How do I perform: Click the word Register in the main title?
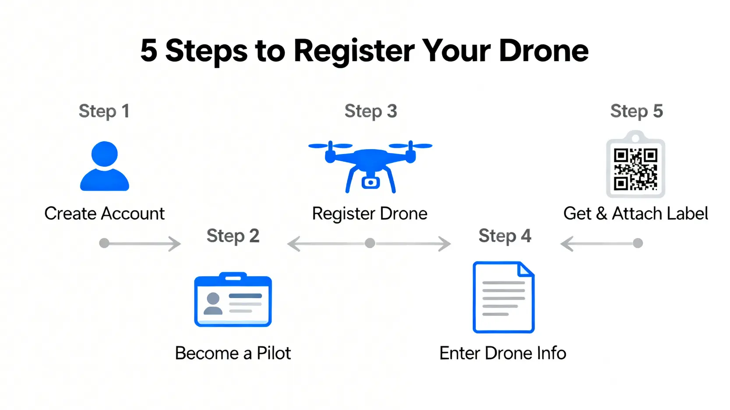[x=354, y=51]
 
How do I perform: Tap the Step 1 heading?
[x=104, y=111]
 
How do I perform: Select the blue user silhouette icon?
[x=105, y=166]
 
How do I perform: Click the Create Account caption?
[x=104, y=214]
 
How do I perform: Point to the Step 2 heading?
[x=233, y=235]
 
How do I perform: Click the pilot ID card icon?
[x=233, y=299]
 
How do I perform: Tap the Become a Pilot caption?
[x=233, y=353]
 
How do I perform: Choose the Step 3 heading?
[x=371, y=111]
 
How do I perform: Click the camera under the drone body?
[x=371, y=182]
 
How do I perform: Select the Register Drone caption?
[x=370, y=214]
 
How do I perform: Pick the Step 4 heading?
[x=505, y=235]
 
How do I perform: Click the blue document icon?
[x=503, y=297]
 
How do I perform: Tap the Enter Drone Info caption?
[x=503, y=353]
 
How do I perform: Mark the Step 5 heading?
[x=637, y=111]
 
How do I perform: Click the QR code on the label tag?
[x=635, y=169]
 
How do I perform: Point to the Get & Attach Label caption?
[x=635, y=214]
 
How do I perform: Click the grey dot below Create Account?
[x=104, y=243]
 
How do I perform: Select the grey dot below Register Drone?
[x=370, y=243]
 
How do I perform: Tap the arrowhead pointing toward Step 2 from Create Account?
[x=175, y=244]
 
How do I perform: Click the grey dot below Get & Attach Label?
[x=638, y=243]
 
